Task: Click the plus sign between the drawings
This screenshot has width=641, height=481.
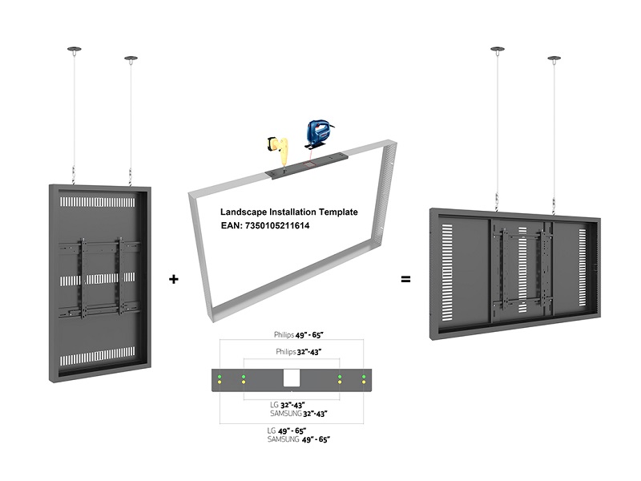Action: [174, 280]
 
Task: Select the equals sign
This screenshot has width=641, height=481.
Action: [405, 280]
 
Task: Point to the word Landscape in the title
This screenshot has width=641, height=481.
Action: [245, 212]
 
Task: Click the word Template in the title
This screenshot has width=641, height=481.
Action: [337, 212]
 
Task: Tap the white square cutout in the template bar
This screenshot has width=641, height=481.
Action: [292, 378]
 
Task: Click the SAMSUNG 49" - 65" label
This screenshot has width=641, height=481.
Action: [299, 439]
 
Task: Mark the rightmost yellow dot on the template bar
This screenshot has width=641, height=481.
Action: [365, 382]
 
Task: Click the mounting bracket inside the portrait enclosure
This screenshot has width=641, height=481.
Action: [99, 276]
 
